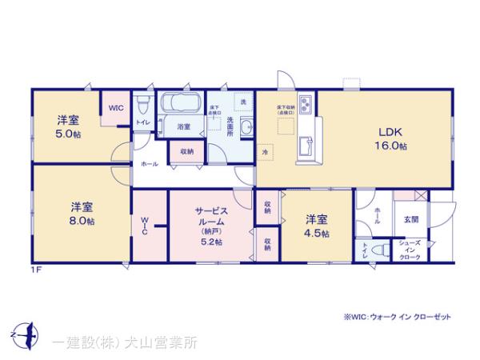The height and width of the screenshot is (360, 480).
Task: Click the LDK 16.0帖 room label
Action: coord(390,138)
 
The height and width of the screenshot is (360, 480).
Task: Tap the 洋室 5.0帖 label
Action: coord(66,126)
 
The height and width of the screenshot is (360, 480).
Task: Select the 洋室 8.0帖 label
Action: coord(80,212)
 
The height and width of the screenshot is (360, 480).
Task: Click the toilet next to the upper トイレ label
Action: coord(143,105)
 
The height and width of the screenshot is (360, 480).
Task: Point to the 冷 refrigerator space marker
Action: coord(265,150)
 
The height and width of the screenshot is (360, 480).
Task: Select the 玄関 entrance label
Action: coord(410,218)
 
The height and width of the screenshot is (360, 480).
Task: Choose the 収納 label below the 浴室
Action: coord(186,150)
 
